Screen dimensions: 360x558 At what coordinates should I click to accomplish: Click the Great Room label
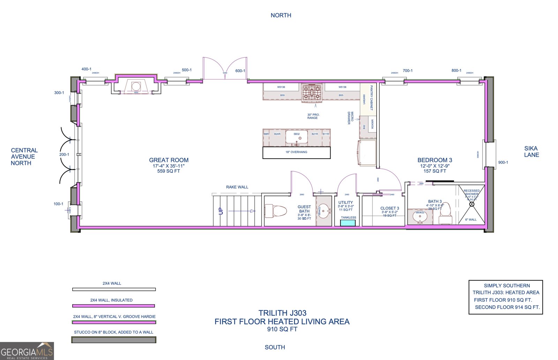[169, 160]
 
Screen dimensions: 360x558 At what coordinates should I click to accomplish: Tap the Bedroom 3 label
[435, 160]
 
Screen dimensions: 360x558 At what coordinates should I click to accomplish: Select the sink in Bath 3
[420, 217]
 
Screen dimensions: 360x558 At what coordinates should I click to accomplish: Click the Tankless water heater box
[348, 223]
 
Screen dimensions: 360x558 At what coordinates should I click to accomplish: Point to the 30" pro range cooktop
[311, 92]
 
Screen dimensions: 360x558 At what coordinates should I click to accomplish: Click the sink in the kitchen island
[296, 137]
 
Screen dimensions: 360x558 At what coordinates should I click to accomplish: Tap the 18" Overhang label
[296, 152]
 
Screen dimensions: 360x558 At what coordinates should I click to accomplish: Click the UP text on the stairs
[221, 211]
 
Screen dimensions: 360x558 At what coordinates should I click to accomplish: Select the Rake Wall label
[237, 187]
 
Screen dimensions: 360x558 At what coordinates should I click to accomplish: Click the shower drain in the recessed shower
[472, 204]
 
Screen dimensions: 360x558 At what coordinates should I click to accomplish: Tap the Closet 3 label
[390, 208]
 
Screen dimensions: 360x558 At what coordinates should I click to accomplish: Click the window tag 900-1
[503, 162]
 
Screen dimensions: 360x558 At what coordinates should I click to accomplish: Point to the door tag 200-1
[64, 154]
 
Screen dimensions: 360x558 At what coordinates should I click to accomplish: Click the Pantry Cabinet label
[371, 98]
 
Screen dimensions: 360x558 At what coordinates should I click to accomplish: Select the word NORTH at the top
[281, 15]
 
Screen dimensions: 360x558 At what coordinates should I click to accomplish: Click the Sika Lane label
[531, 151]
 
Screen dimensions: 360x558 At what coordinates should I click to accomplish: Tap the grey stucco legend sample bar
[114, 339]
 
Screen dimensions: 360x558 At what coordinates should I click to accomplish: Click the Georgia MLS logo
[27, 351]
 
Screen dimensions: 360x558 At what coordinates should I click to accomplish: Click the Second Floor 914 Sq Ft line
[507, 307]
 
